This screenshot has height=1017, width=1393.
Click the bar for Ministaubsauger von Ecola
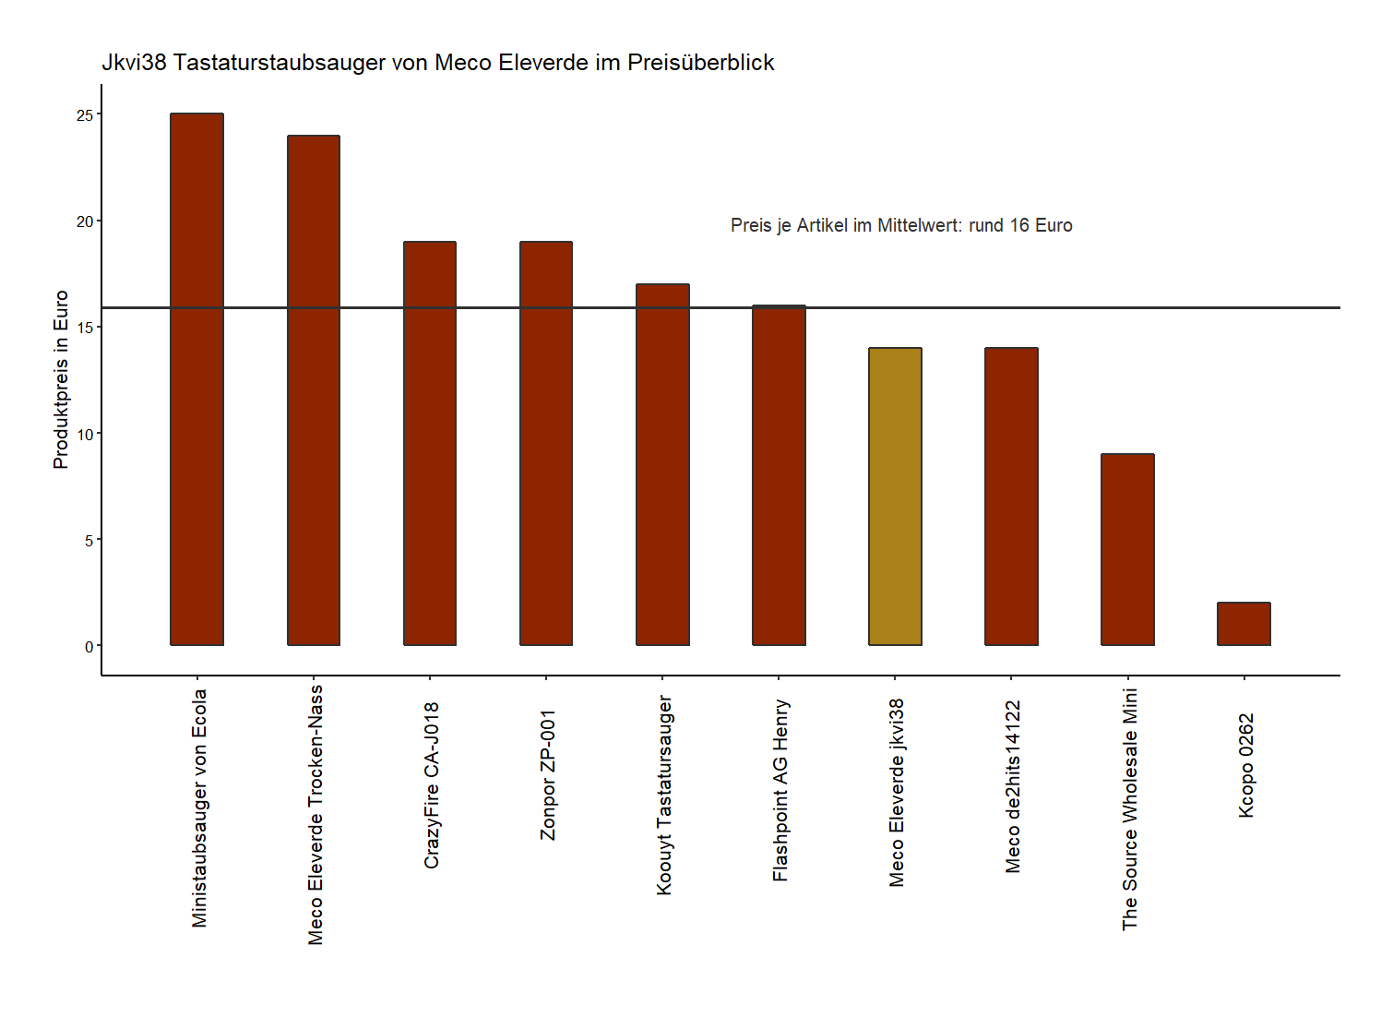[196, 379]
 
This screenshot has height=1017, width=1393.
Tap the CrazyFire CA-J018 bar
[430, 443]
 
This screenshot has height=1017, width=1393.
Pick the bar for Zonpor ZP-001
[546, 443]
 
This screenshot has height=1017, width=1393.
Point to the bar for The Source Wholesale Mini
[1127, 549]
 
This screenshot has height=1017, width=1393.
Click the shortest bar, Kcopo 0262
[1244, 624]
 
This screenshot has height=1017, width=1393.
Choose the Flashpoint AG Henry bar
[779, 475]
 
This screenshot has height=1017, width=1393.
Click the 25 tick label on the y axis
[85, 115]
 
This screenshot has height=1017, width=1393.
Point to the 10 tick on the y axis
[85, 434]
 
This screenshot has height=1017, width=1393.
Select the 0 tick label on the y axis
[89, 646]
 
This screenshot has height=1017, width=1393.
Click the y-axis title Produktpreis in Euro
[61, 379]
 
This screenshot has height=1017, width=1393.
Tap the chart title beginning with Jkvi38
[437, 63]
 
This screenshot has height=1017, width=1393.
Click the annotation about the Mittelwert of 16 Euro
[901, 226]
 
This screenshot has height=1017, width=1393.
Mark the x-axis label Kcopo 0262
[1246, 765]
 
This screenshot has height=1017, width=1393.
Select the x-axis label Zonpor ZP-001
[549, 774]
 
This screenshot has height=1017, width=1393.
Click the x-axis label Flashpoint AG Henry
[781, 790]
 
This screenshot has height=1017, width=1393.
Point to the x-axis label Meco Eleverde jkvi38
[898, 793]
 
